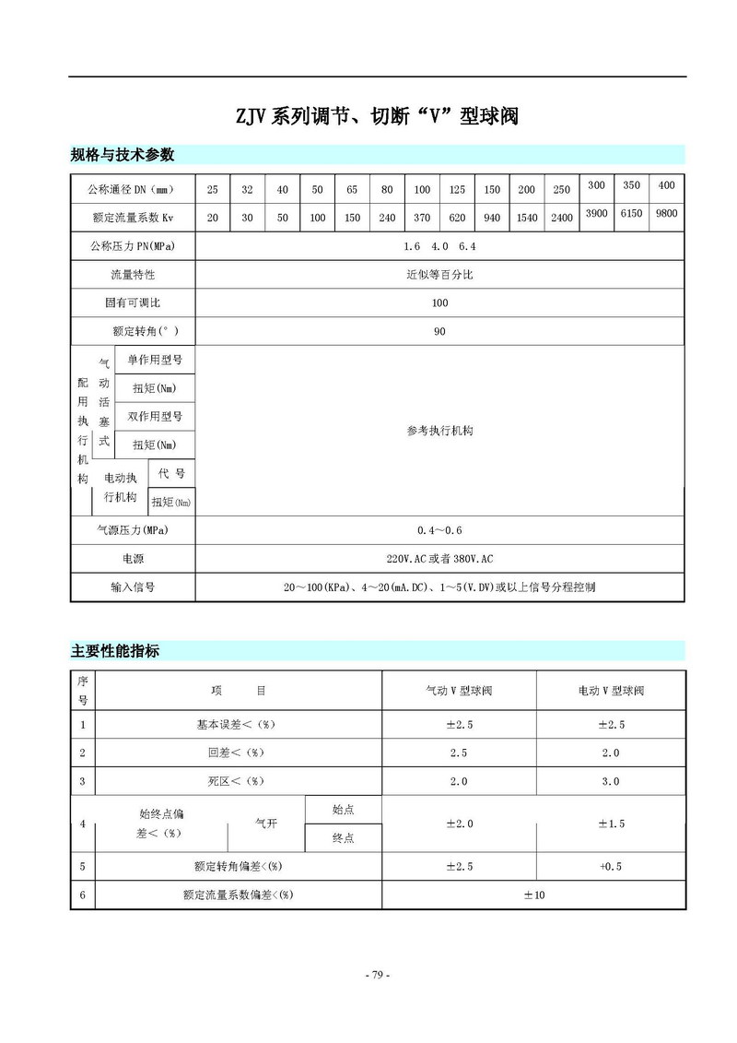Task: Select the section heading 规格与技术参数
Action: [x=123, y=154]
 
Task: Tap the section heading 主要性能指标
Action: [x=115, y=651]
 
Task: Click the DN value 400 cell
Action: [x=666, y=185]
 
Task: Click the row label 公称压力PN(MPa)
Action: [x=133, y=246]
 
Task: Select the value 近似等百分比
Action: [x=439, y=275]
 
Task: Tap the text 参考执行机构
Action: [x=439, y=431]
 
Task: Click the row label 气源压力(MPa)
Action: [x=133, y=530]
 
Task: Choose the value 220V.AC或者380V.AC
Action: [x=439, y=559]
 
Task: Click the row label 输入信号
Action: [x=133, y=587]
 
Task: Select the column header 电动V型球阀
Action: [x=611, y=691]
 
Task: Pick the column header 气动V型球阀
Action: [x=459, y=691]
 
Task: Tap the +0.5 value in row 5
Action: [x=611, y=866]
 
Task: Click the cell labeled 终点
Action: [x=343, y=837]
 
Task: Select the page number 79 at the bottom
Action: [x=377, y=975]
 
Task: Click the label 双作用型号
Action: [x=155, y=417]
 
